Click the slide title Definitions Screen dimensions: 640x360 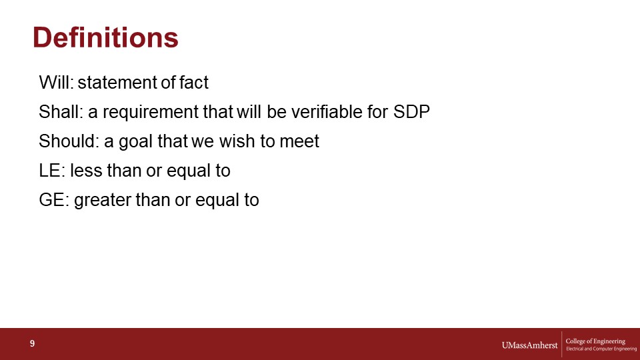point(105,37)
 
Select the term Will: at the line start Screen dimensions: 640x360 point(56,83)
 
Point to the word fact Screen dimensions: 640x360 point(194,83)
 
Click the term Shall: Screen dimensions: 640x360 point(61,112)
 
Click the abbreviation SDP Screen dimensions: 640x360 point(411,112)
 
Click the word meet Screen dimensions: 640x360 point(299,141)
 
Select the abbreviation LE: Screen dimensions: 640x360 point(52,171)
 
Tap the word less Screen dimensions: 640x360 point(86,171)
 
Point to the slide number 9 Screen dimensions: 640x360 point(32,344)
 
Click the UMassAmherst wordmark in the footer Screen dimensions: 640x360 point(529,345)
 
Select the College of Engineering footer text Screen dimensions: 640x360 point(595,341)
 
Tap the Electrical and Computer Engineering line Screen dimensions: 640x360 point(601,349)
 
